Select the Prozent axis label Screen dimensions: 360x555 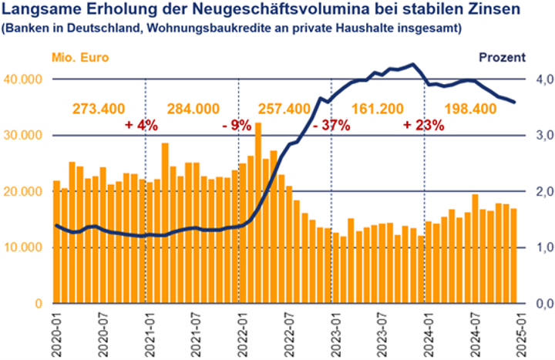[x=502, y=58]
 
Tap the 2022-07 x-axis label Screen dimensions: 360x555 [x=287, y=331]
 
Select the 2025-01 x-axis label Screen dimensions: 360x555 [x=520, y=331]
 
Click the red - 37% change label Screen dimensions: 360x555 [x=331, y=126]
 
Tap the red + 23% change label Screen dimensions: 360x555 [x=424, y=126]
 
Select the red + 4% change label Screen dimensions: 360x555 [x=143, y=126]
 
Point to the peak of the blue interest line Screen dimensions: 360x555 [x=413, y=64]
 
